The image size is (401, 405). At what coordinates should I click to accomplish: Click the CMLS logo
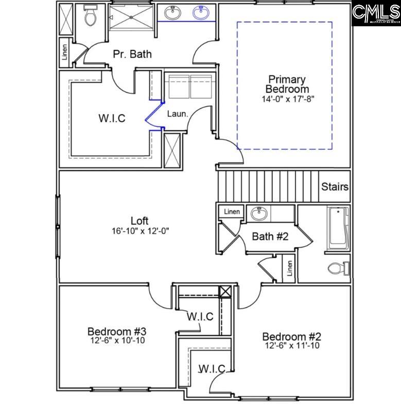[x=376, y=13]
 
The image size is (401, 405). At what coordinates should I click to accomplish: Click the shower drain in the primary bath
[x=131, y=17]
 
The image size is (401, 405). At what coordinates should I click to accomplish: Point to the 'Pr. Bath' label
[x=132, y=54]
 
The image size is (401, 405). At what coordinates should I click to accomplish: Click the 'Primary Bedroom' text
[x=287, y=85]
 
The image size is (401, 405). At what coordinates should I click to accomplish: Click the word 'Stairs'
[x=335, y=187]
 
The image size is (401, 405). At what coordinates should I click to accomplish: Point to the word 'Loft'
[x=140, y=221]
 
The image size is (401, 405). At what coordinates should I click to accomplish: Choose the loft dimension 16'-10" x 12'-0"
[x=140, y=231]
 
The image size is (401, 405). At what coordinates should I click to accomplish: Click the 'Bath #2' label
[x=270, y=236]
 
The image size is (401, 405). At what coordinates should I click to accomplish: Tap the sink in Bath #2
[x=257, y=213]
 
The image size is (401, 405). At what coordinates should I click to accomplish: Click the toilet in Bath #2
[x=338, y=268]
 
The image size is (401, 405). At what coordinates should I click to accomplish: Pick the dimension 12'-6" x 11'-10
[x=291, y=346]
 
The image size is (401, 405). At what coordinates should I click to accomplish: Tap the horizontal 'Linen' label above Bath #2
[x=232, y=211]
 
